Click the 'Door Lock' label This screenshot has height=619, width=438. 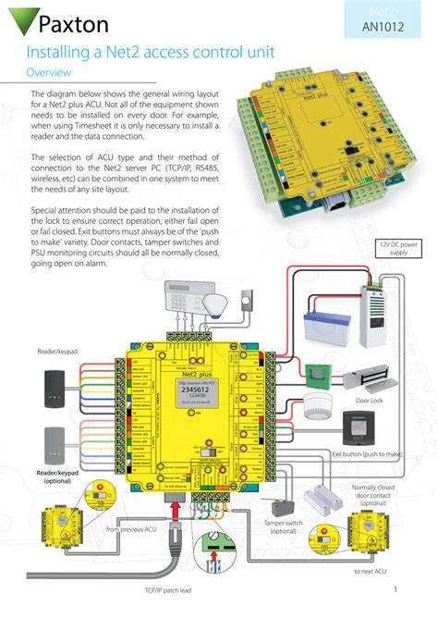coord(370,402)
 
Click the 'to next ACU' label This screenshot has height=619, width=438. coord(369,573)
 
